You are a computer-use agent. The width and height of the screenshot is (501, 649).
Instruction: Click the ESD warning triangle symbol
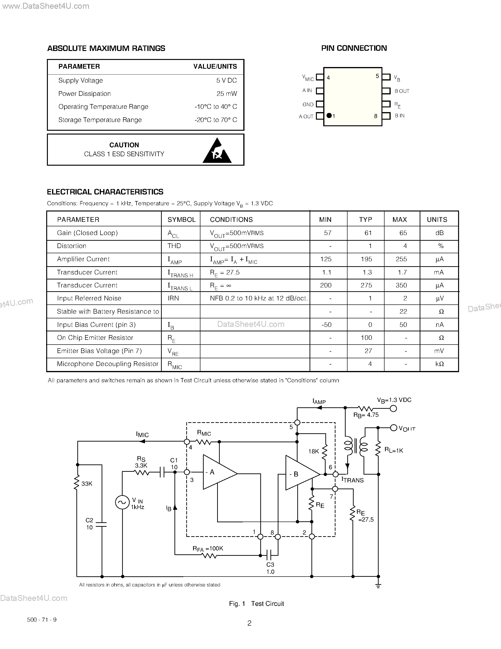click(x=217, y=152)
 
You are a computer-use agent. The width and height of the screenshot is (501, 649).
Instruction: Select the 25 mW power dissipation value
click(x=227, y=94)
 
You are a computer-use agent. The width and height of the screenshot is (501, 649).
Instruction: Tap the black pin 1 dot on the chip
click(x=329, y=116)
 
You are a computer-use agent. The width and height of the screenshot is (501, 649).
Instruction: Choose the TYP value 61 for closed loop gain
click(x=368, y=233)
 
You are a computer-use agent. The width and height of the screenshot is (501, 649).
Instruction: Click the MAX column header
click(x=399, y=220)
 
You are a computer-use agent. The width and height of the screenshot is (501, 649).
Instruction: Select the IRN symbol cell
click(x=173, y=298)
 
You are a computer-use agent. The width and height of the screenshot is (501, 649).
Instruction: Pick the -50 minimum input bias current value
click(x=327, y=325)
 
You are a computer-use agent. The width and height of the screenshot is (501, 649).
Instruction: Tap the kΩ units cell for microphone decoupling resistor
click(x=439, y=364)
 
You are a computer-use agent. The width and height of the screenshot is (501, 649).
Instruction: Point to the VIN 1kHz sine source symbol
click(x=122, y=502)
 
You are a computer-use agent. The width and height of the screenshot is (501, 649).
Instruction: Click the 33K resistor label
click(x=87, y=484)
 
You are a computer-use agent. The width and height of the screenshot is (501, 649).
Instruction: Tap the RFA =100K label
click(x=208, y=548)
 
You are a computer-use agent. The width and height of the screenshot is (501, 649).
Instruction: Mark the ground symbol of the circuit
click(x=378, y=586)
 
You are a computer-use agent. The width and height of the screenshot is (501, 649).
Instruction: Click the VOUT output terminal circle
click(x=393, y=428)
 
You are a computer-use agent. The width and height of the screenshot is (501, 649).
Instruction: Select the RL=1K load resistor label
click(x=393, y=451)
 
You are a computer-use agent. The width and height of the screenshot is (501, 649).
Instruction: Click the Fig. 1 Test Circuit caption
click(x=257, y=603)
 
